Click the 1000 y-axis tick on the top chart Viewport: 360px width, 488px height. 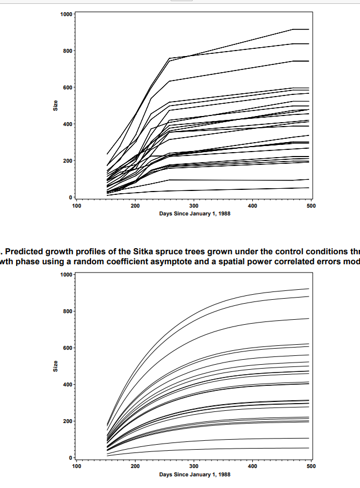coord(64,14)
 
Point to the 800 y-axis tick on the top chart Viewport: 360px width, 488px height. coord(66,51)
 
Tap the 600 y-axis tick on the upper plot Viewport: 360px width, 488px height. coord(66,88)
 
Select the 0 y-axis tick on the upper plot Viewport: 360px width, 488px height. coord(70,198)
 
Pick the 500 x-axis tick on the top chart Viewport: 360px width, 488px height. coord(311,206)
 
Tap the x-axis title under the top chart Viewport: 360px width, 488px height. coord(193,214)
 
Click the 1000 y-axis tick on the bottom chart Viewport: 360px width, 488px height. coord(64,275)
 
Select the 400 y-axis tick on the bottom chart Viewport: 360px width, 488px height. coord(66,385)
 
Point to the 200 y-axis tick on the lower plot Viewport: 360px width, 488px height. coord(66,421)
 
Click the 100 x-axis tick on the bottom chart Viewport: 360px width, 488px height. coord(76,466)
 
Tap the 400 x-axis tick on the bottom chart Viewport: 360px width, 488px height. coord(252,466)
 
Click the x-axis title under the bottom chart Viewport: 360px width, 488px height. coord(193,475)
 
